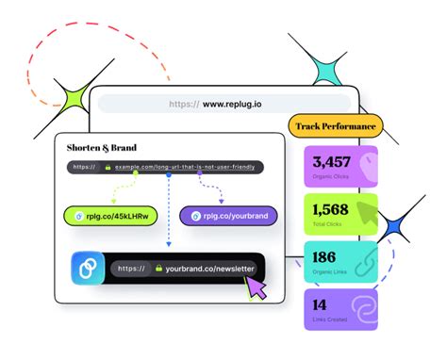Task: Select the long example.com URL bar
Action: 165,167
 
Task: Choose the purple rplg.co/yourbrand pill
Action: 228,216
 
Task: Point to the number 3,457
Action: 331,161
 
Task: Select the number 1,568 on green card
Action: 330,208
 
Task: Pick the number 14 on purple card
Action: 320,304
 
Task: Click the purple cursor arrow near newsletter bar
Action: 256,287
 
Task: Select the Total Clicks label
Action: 326,224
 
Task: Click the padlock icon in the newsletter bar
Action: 159,268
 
